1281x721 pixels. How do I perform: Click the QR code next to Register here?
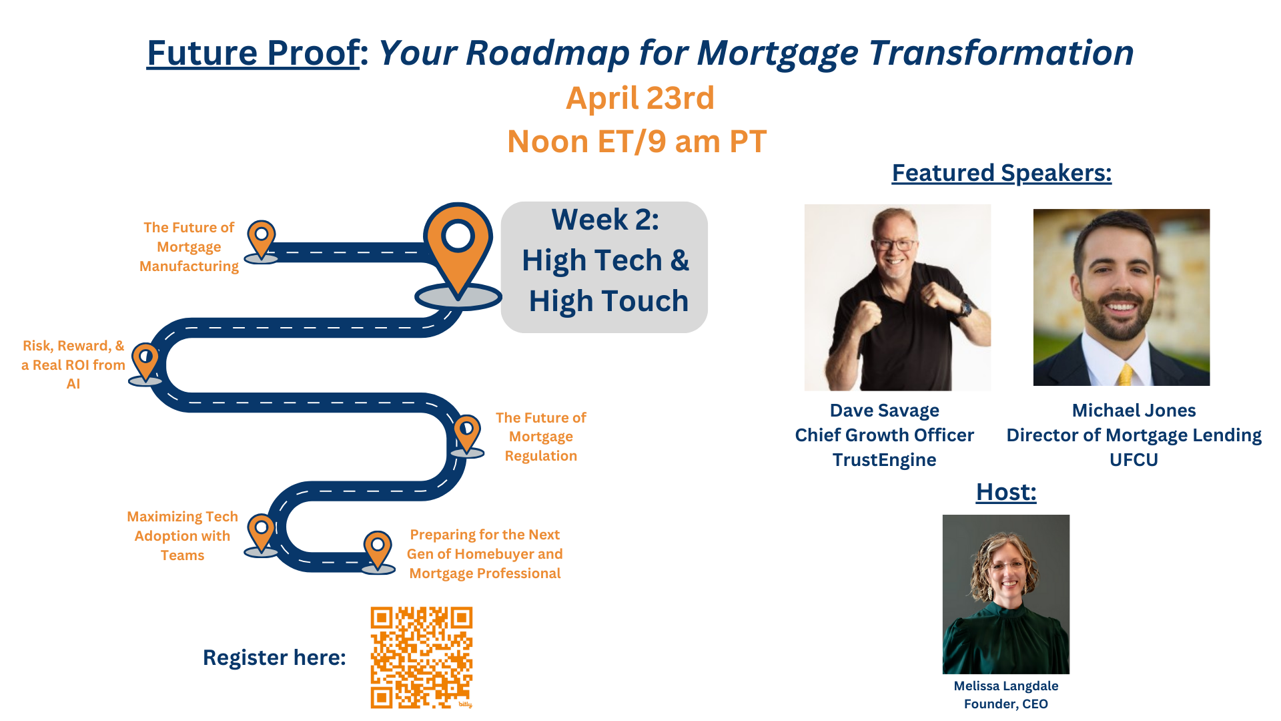(422, 658)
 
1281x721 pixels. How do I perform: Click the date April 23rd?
(640, 98)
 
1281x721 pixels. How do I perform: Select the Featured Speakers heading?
(1001, 173)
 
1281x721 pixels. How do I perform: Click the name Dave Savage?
(884, 410)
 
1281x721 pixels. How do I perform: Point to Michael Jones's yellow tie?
(1126, 374)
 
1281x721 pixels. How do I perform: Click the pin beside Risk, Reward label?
(145, 361)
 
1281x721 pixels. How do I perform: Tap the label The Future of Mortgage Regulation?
(540, 437)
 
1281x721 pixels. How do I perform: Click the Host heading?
(1005, 492)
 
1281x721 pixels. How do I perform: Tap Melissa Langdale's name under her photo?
(1005, 686)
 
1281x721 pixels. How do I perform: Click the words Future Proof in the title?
(253, 53)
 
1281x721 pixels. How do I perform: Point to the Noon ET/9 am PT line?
(636, 142)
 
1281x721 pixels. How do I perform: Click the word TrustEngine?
(884, 460)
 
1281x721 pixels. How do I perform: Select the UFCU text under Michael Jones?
(1134, 460)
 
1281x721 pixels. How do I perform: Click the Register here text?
(274, 658)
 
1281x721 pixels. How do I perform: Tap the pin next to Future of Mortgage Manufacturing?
(262, 239)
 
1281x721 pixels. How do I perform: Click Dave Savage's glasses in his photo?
(895, 245)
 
